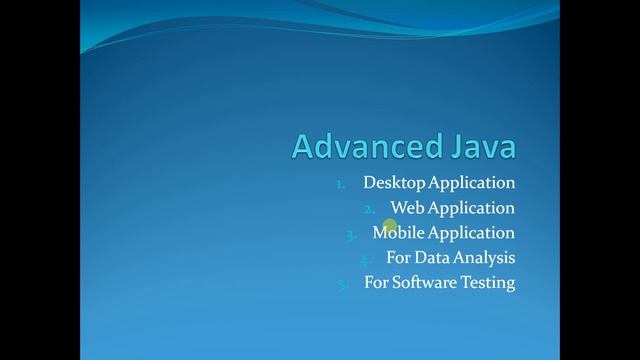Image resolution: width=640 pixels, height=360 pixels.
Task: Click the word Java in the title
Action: [x=480, y=147]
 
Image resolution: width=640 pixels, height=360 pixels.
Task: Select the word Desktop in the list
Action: [x=394, y=183]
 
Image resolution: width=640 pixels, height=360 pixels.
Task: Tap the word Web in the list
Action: [x=405, y=208]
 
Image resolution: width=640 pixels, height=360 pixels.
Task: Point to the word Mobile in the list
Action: [x=398, y=233]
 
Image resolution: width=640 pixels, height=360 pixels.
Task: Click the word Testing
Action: [x=488, y=283]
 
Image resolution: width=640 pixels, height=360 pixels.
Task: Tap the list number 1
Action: [x=340, y=184]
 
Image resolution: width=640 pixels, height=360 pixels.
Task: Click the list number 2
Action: [x=369, y=209]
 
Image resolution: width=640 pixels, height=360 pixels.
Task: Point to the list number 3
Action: [x=351, y=234]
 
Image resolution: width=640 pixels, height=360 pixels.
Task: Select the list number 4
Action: [x=366, y=259]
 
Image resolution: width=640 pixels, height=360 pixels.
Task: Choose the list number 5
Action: [x=342, y=284]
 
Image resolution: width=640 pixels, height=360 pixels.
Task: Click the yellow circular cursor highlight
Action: [x=390, y=227]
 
